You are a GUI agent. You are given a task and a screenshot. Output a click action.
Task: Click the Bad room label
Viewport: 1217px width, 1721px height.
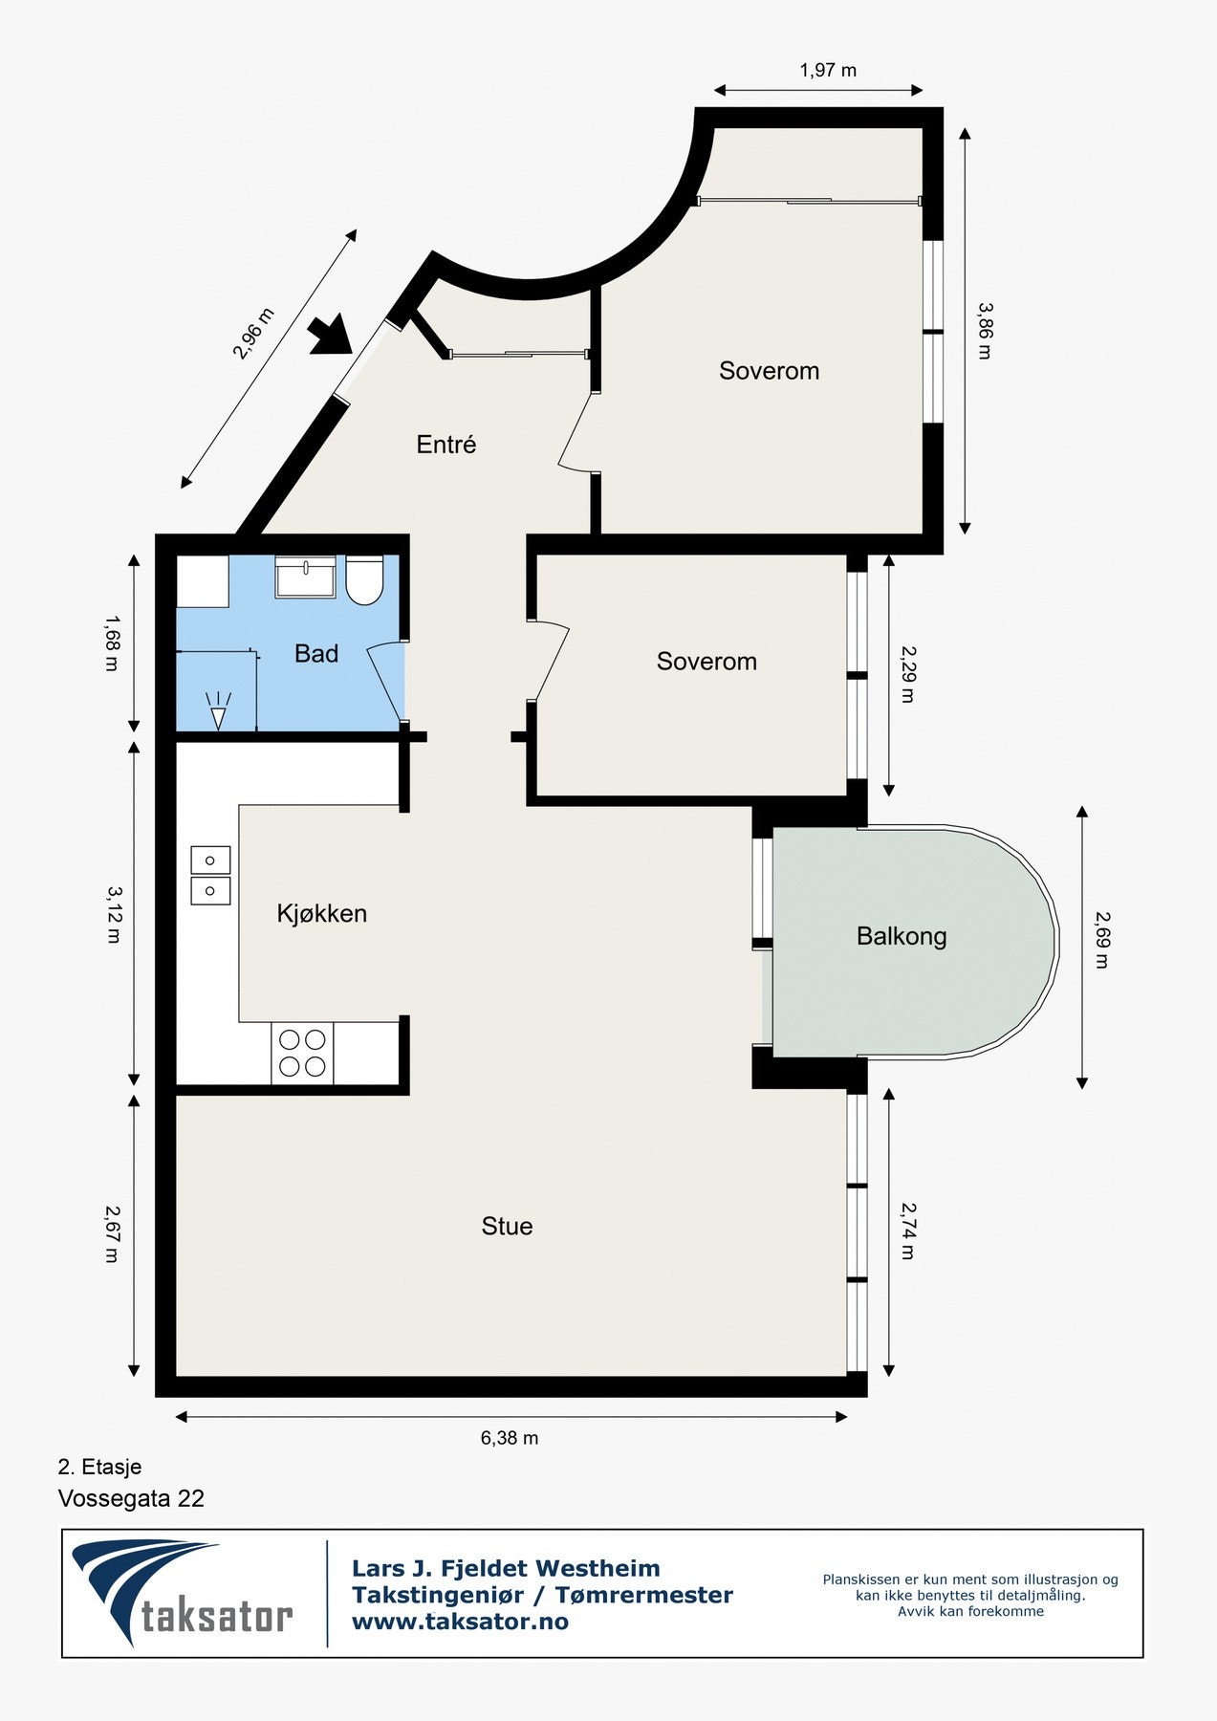[316, 654]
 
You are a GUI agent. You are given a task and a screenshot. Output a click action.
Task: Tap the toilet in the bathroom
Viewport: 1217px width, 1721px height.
[364, 579]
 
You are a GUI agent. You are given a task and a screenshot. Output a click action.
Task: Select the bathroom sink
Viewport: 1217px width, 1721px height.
[305, 577]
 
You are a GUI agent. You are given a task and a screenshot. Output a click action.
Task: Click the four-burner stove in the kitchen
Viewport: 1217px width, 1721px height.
[302, 1053]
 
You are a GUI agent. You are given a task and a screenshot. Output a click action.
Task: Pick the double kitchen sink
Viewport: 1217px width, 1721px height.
[210, 875]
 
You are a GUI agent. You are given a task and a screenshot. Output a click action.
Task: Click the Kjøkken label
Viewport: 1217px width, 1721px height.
[322, 914]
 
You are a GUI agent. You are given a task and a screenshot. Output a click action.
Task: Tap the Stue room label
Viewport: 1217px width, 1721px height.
[507, 1227]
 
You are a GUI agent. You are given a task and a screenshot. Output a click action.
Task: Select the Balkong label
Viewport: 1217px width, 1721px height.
[902, 936]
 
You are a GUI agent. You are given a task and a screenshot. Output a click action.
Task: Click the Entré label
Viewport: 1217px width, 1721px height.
[446, 445]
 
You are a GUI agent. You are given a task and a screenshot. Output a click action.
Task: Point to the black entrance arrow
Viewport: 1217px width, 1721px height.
[332, 337]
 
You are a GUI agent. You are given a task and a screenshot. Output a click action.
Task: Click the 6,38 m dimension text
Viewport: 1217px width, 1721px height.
[510, 1438]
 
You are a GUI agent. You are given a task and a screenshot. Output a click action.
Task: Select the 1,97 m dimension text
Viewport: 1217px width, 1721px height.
[828, 70]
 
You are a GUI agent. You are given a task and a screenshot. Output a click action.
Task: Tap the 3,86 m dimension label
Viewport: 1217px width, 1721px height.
[985, 330]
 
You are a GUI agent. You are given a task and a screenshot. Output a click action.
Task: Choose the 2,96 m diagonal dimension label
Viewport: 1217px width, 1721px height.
[253, 334]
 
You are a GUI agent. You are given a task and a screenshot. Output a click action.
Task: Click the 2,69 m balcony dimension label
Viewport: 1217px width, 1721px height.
[1101, 941]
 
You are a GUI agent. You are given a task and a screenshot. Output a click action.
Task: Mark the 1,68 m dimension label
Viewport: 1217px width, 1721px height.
[111, 643]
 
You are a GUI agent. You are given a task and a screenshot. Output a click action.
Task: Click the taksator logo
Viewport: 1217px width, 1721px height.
[183, 1593]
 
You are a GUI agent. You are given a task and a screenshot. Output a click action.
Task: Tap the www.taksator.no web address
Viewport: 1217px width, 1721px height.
[460, 1622]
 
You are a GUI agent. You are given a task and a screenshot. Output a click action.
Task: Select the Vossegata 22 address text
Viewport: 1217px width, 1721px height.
[131, 1498]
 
